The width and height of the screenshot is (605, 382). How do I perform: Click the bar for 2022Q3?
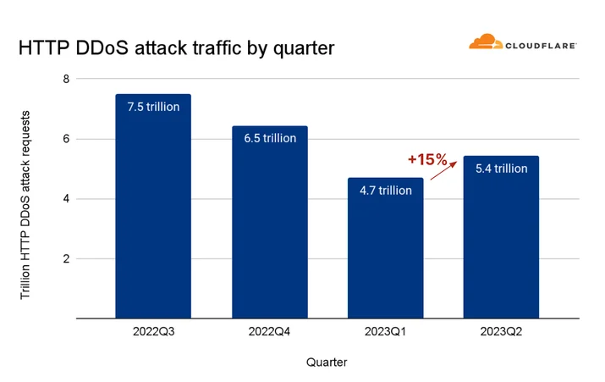[x=153, y=207]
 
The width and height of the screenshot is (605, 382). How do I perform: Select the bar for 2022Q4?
[x=270, y=222]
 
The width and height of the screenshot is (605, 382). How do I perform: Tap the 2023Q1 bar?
[x=386, y=248]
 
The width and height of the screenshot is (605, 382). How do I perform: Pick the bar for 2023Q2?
[x=501, y=237]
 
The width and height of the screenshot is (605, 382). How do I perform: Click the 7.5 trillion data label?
[x=153, y=107]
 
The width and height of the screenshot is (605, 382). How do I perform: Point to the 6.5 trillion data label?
[x=270, y=138]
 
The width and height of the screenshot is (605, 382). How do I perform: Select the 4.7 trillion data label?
[x=386, y=191]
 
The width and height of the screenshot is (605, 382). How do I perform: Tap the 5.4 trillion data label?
[x=501, y=169]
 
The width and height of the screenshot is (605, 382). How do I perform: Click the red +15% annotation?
[x=427, y=159]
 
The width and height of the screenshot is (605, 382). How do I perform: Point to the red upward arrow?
[x=443, y=171]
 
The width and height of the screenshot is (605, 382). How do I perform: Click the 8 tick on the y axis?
[x=66, y=79]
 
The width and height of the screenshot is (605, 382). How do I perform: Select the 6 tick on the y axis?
[x=66, y=139]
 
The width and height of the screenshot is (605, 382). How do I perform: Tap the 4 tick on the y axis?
[x=66, y=199]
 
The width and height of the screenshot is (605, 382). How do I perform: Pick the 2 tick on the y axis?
[x=66, y=259]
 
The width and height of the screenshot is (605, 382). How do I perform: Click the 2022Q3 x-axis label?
[x=153, y=331]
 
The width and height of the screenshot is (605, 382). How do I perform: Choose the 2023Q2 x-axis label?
[x=501, y=331]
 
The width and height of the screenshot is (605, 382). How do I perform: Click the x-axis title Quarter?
[x=327, y=363]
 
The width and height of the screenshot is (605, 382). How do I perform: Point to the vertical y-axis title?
[x=25, y=205]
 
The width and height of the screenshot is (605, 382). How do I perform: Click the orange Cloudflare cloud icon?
[x=486, y=42]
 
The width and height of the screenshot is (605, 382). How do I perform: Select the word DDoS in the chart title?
[x=102, y=48]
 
